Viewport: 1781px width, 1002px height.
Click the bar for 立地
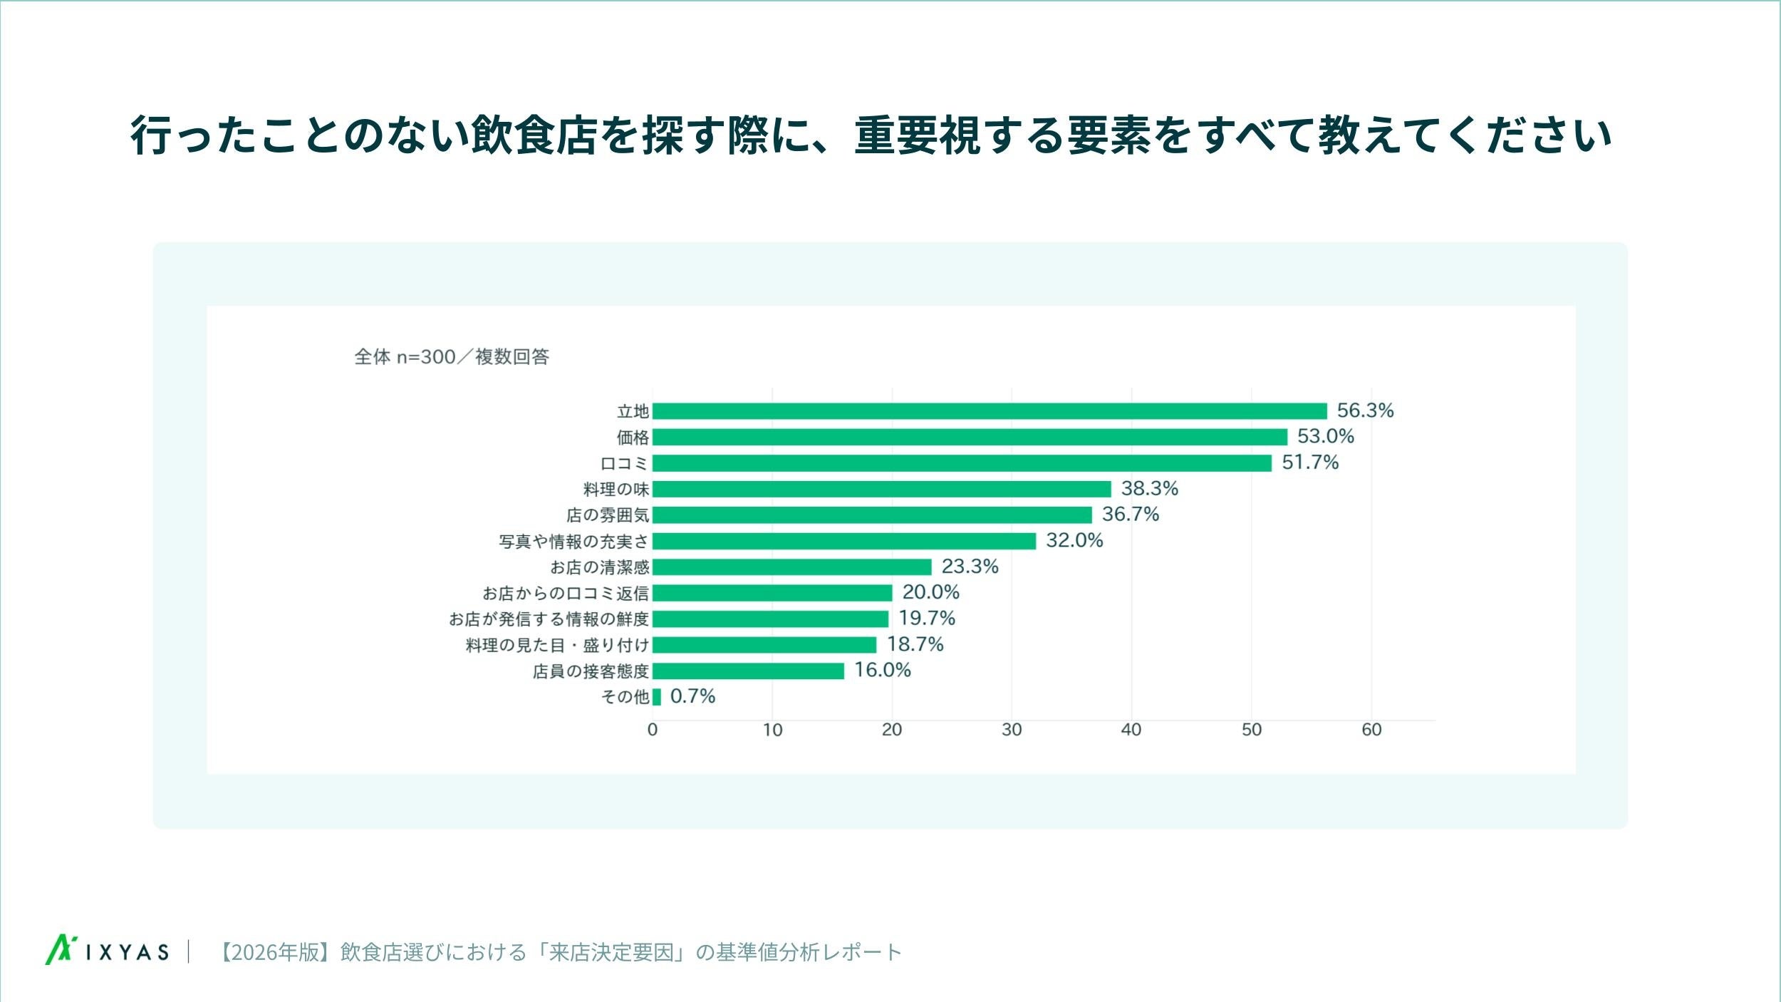point(990,411)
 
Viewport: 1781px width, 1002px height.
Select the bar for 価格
point(970,437)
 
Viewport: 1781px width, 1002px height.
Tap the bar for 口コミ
point(962,463)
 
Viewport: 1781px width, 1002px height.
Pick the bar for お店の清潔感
point(791,567)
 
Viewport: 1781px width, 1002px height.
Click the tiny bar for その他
point(656,697)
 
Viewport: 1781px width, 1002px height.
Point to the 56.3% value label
point(1365,410)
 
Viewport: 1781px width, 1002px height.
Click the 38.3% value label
point(1149,488)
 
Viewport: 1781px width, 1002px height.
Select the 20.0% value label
point(930,592)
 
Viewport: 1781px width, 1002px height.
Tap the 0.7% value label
point(692,696)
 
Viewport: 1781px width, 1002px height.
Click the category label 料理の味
point(616,489)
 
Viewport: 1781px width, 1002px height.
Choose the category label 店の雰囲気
point(608,515)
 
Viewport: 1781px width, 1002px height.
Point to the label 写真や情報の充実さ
point(574,542)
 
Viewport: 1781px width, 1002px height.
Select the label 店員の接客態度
point(591,671)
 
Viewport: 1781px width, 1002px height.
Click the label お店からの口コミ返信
point(566,593)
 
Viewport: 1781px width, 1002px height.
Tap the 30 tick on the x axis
point(1012,730)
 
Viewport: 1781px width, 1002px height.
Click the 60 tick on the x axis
point(1371,730)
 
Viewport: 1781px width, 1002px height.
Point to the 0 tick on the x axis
point(652,730)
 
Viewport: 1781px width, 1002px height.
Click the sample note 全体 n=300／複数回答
point(452,356)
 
